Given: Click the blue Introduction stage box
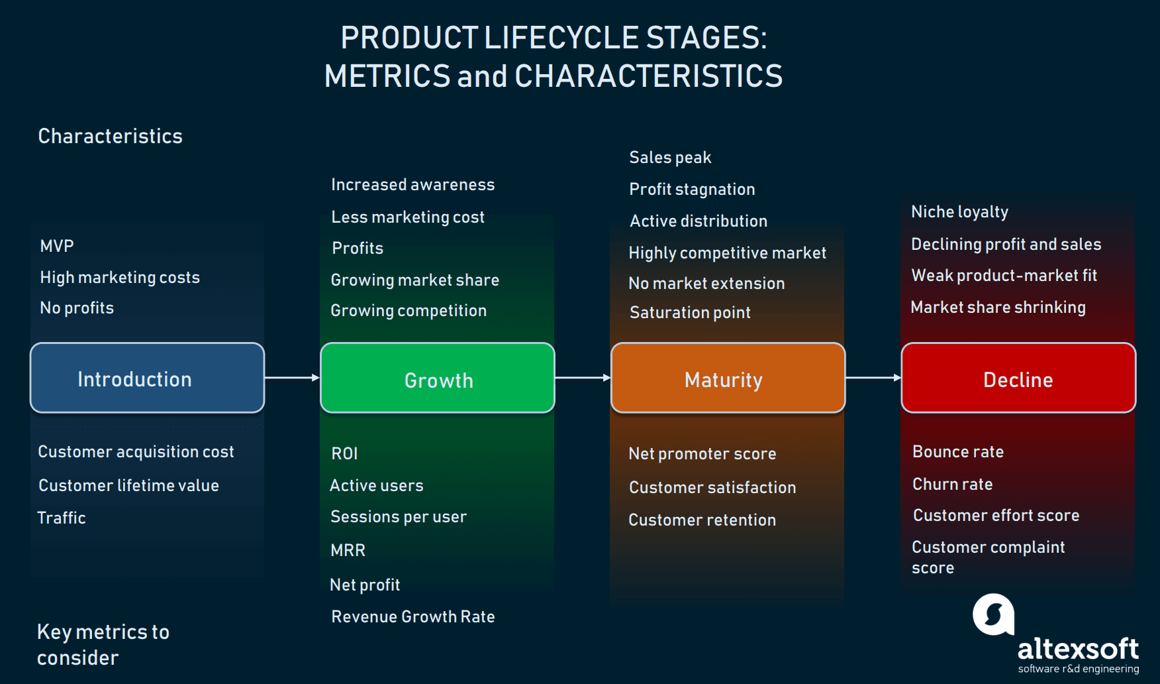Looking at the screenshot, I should point(147,378).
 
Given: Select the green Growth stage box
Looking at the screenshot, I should point(437,378).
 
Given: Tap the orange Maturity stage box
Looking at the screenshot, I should point(728,378).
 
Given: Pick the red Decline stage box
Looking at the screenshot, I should point(1018,378).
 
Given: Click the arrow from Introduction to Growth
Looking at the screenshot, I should point(292,378).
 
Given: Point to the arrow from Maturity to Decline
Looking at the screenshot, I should point(873,378).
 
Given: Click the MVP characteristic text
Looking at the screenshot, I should point(57,247).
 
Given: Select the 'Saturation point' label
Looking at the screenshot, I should point(690,313).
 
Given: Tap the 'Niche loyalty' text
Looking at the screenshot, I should point(959,212).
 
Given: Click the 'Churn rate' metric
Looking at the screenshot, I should point(952,484).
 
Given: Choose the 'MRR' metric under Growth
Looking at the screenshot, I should point(348,551).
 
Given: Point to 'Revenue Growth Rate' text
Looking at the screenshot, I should point(413,617).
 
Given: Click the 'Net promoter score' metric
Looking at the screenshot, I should point(702,454).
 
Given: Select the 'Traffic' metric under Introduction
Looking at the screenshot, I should point(62,518).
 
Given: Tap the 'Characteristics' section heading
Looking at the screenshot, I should point(110,137).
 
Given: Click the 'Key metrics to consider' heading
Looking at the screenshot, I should point(103,644).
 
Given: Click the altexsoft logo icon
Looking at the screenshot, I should point(993,614).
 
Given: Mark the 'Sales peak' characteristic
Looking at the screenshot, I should point(670,158).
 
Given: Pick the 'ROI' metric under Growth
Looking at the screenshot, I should point(344,454).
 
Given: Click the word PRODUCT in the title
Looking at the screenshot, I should point(409,38).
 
